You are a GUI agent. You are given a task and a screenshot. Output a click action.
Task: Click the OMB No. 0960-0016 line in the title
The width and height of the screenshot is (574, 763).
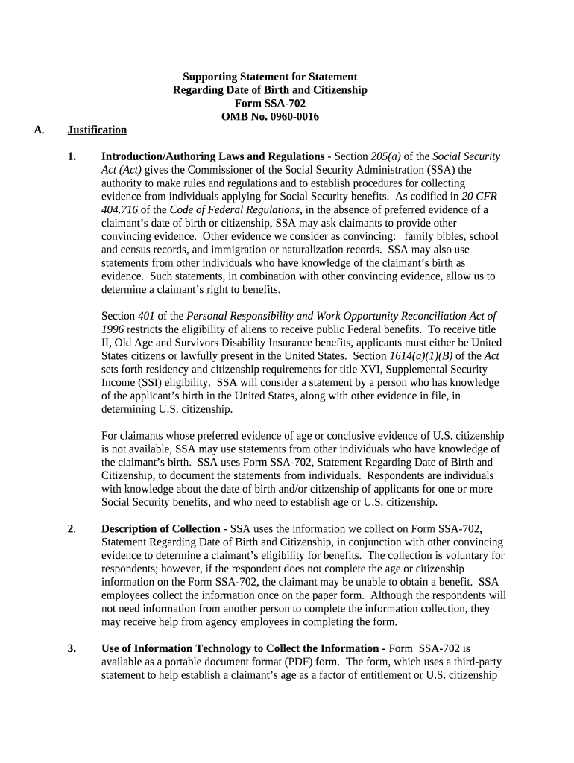270,116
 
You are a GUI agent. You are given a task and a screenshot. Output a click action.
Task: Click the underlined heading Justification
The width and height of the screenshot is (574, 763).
97,130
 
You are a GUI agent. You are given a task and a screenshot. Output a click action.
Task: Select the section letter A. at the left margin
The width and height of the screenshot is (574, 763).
39,130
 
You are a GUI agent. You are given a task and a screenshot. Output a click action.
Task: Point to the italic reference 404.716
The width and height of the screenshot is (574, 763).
120,210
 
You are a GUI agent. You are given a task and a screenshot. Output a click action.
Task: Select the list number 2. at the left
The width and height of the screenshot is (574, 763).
72,529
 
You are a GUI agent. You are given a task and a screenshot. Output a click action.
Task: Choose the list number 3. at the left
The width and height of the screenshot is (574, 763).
72,648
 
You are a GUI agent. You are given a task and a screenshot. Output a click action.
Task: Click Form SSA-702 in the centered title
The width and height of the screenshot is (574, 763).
270,103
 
